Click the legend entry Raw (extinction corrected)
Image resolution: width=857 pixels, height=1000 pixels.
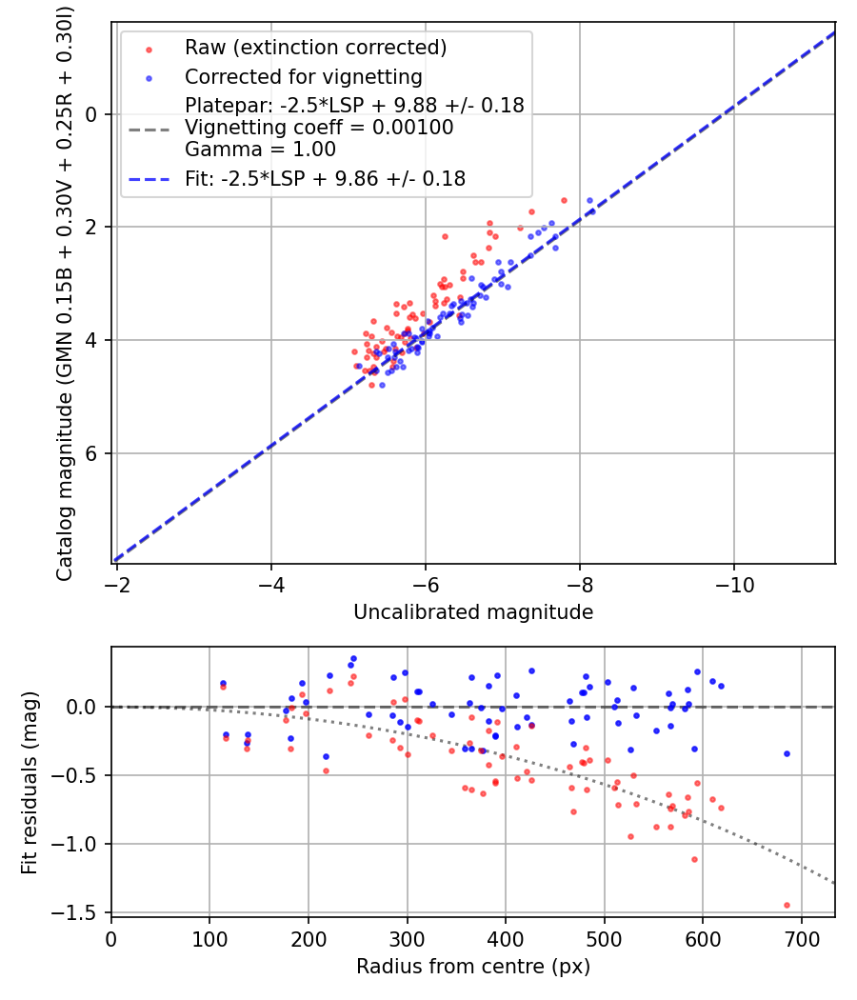click(315, 48)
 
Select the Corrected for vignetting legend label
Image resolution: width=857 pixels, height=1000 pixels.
click(303, 76)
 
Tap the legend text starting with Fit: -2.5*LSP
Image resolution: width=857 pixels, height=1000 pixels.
click(325, 178)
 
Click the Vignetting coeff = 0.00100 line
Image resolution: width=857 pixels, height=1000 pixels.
click(319, 128)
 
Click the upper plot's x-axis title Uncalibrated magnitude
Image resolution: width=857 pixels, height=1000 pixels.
click(473, 612)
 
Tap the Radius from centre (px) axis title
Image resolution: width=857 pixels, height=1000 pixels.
click(473, 967)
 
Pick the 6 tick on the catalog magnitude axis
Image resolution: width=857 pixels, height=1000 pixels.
click(91, 453)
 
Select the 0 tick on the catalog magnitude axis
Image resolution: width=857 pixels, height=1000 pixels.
click(91, 114)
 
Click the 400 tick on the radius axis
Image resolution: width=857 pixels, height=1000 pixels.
click(506, 937)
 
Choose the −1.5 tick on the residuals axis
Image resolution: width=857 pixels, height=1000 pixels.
click(81, 913)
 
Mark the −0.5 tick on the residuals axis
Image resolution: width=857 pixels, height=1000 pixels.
click(81, 775)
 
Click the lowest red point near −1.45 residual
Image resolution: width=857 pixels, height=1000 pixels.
click(787, 905)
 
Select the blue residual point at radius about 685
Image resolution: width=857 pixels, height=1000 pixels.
click(787, 753)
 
